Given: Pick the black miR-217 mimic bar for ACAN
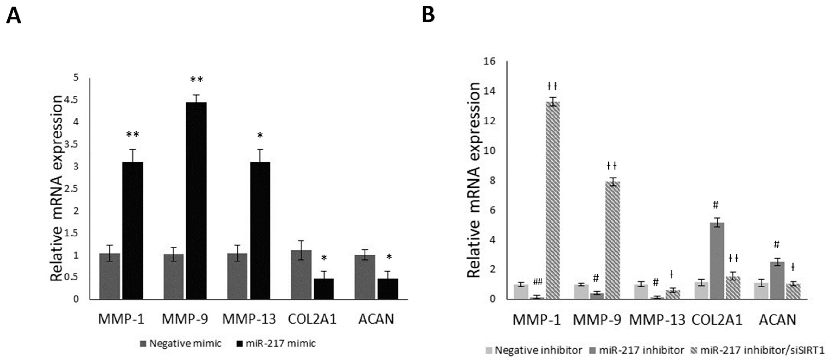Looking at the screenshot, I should pos(387,289).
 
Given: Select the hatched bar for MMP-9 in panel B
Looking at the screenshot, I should pos(613,240).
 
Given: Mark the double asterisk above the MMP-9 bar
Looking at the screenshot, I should pos(196,80).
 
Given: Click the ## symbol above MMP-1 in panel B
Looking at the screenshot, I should pos(538,282).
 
